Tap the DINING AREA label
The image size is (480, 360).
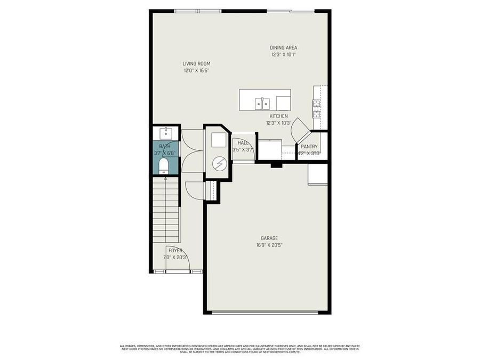coord(283,47)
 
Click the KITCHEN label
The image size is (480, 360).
coord(278,116)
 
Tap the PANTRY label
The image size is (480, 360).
coord(309,147)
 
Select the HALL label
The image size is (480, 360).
coord(243,143)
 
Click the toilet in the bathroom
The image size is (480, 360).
coord(164,165)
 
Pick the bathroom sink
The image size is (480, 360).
coord(165,132)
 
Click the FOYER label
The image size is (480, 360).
coord(175,250)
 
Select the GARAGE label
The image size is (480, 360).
coord(269,238)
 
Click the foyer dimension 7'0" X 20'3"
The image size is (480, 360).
coord(175,257)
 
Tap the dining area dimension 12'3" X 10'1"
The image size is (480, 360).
coord(283,54)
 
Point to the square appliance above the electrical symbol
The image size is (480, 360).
coord(218,140)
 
